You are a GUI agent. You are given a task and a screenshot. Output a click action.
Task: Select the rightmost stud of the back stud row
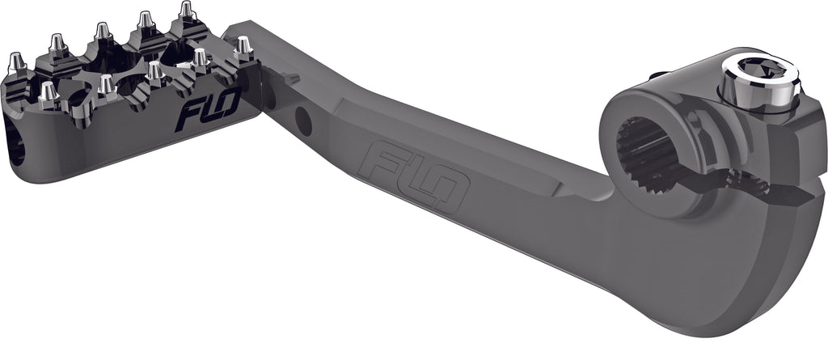click(186, 11)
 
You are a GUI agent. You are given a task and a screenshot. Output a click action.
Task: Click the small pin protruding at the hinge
click(291, 78)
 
